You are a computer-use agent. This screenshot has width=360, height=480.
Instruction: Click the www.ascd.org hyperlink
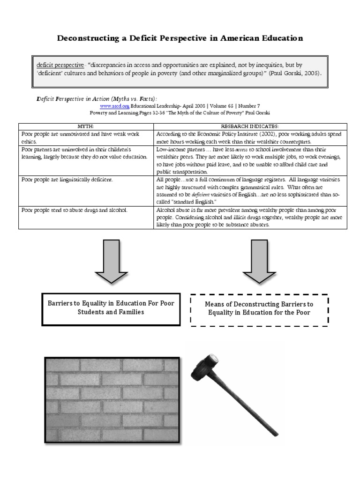(114, 106)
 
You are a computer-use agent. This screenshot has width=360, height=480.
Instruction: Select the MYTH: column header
(86, 127)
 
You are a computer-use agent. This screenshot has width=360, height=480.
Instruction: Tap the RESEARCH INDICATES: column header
(250, 127)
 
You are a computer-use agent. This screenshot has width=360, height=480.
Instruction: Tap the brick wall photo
(112, 399)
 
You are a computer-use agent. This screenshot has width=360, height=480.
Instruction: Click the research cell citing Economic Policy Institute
(250, 138)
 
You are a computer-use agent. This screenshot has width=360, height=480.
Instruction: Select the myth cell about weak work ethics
(86, 138)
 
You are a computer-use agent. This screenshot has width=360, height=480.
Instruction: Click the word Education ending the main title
(279, 38)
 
